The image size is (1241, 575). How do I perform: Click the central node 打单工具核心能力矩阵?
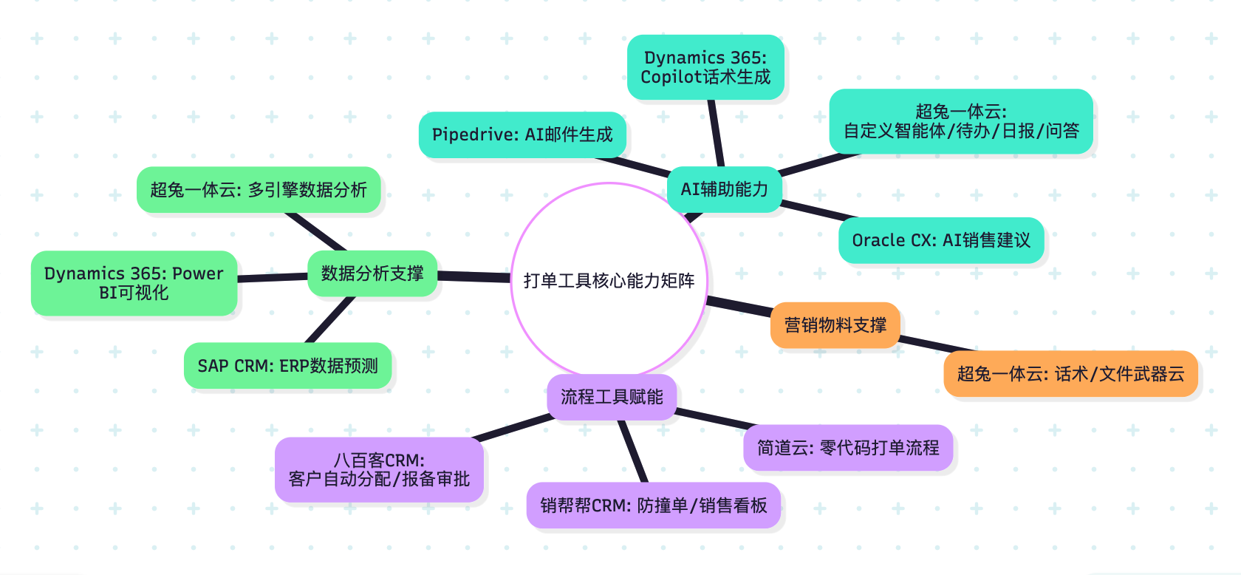pos(609,280)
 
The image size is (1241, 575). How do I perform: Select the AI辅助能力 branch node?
pos(724,189)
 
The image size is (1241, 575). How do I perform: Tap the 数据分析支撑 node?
pos(372,273)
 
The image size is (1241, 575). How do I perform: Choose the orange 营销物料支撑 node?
pos(835,325)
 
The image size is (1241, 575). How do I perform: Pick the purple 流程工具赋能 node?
pos(612,398)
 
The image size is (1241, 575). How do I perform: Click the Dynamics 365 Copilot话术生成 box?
pos(705,67)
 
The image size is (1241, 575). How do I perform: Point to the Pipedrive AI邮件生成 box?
pos(522,135)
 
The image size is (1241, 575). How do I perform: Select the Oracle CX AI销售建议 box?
pos(941,240)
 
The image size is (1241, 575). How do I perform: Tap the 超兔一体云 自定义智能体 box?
pos(961,122)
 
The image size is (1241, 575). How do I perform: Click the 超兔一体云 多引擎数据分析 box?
pos(259,190)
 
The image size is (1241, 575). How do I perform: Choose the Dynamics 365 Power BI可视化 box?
pos(134,283)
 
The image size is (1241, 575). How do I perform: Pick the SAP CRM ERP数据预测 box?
pos(287,366)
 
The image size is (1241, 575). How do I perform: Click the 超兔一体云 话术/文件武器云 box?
pos(1070,374)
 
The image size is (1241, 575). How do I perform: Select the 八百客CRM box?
pos(379,470)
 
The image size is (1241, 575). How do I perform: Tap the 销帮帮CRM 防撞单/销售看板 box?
pos(654,506)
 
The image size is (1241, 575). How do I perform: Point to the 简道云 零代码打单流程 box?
pos(848,448)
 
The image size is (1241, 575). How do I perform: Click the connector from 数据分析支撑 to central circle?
pos(474,276)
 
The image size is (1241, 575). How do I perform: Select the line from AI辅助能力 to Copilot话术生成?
pos(716,133)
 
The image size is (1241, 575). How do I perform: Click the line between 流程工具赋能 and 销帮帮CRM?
pos(633,452)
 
